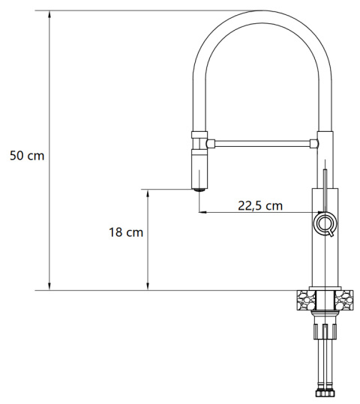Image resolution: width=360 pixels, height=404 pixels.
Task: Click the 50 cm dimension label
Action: (26, 156)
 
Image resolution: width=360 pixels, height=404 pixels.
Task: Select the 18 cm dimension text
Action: (125, 232)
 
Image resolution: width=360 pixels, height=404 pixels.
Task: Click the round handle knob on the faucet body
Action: (325, 223)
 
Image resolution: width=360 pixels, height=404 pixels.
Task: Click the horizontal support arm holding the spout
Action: (262, 141)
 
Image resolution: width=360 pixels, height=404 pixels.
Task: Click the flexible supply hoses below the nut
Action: (325, 364)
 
